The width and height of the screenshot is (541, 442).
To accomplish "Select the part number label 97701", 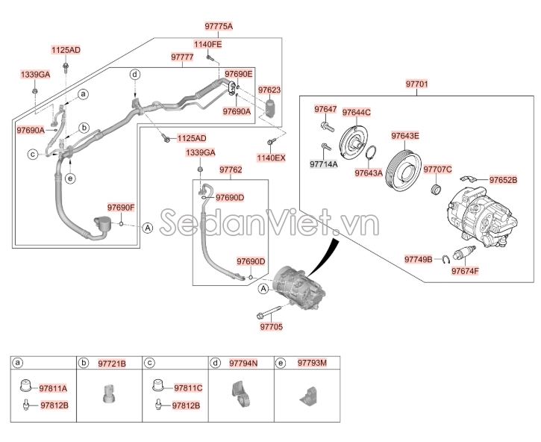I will pyautogui.click(x=417, y=84).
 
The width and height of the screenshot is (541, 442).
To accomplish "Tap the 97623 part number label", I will pyautogui.click(x=270, y=90).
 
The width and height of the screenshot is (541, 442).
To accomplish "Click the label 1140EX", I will pyautogui.click(x=271, y=159).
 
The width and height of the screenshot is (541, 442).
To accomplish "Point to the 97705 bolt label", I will pyautogui.click(x=271, y=326).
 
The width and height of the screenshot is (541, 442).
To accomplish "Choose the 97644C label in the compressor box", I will pyautogui.click(x=357, y=113).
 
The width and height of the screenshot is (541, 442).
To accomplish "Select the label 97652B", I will pyautogui.click(x=507, y=180).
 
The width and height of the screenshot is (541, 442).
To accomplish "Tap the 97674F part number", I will pyautogui.click(x=465, y=271).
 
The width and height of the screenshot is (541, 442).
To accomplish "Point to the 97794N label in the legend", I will pyautogui.click(x=243, y=363).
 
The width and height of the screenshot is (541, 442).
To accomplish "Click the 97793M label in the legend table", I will pyautogui.click(x=311, y=363).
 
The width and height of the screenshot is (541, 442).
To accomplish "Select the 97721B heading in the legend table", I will pyautogui.click(x=112, y=363).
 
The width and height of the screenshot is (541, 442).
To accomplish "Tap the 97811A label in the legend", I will pyautogui.click(x=53, y=388).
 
